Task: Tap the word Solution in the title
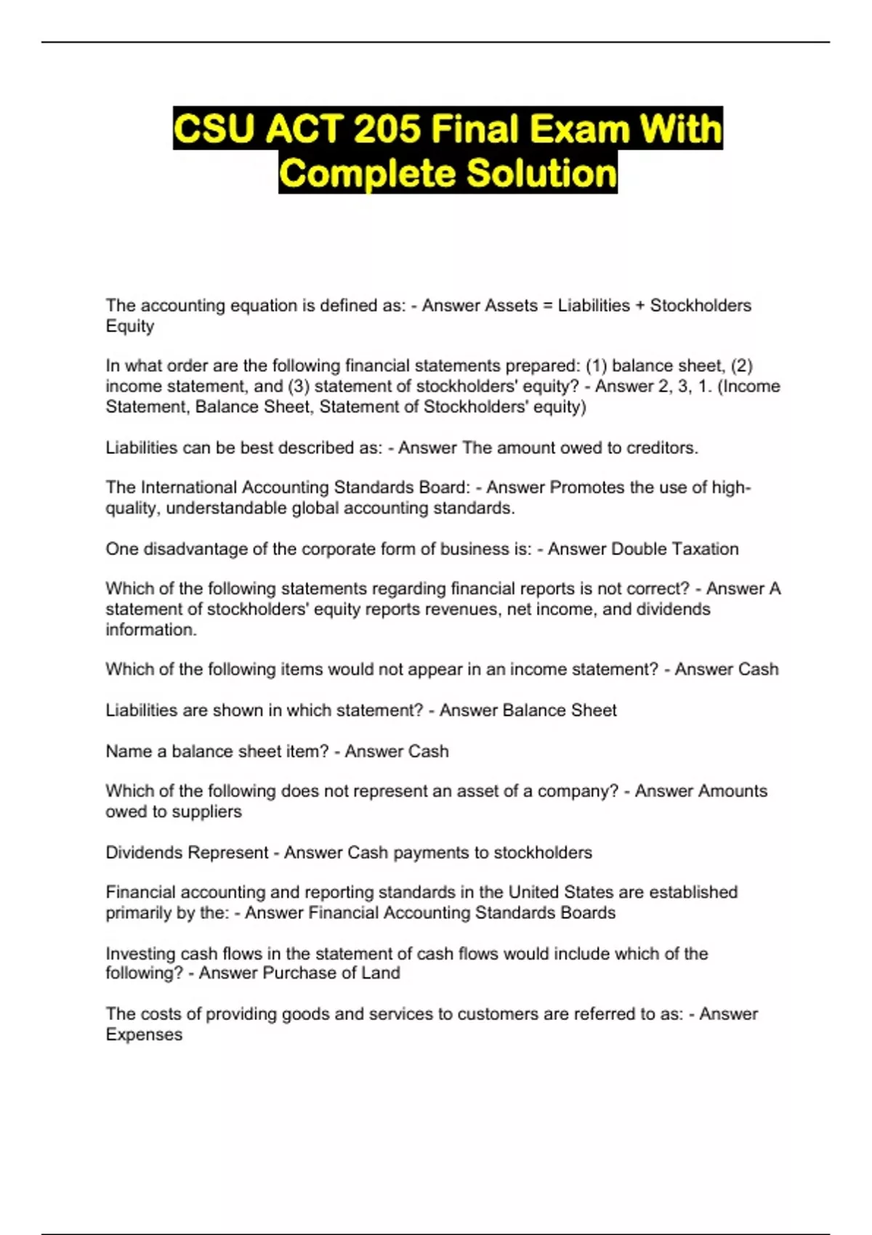(541, 173)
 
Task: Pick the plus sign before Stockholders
(639, 306)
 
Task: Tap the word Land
(381, 973)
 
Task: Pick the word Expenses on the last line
(144, 1035)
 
